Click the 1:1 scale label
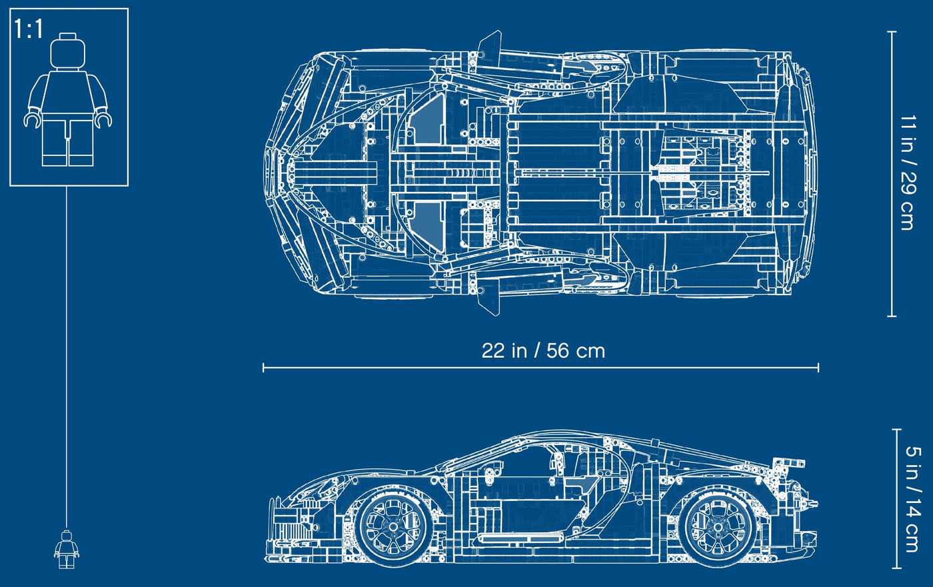coord(28,29)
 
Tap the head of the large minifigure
coord(67,51)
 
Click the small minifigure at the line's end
coord(66,549)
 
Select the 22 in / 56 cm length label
coord(543,350)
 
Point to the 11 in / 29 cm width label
coord(908,173)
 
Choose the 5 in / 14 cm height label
coord(913,499)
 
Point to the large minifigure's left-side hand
coord(32,119)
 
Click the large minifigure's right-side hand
coord(103,119)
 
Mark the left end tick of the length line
coord(263,368)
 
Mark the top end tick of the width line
coord(892,31)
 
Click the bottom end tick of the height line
coord(897,568)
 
